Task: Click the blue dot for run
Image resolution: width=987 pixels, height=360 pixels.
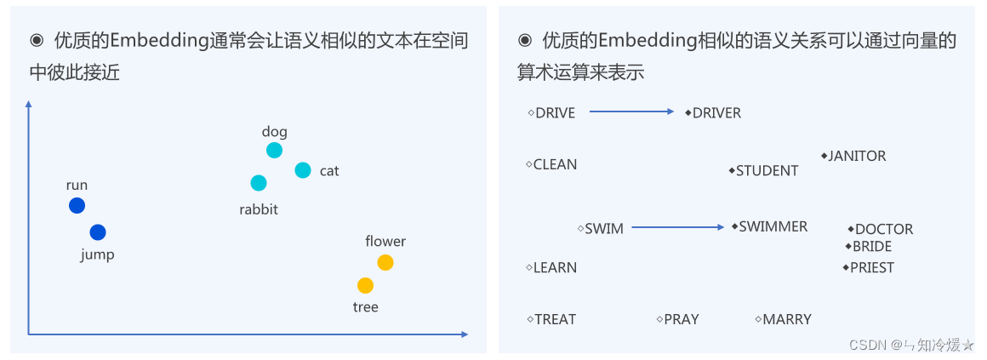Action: tap(77, 205)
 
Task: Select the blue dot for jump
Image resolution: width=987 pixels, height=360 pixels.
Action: tap(98, 232)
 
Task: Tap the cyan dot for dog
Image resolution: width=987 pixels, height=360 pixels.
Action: tap(274, 150)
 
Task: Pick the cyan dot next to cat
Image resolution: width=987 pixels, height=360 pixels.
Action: tap(303, 170)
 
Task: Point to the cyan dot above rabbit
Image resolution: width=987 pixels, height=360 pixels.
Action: tap(259, 183)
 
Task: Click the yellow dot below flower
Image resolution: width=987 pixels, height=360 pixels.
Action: tap(385, 262)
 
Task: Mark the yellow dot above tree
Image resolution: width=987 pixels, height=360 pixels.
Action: tap(365, 285)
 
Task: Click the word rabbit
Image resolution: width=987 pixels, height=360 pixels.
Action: tap(259, 209)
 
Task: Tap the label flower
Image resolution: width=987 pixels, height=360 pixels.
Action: tap(385, 242)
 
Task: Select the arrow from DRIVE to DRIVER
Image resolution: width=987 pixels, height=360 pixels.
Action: tap(631, 111)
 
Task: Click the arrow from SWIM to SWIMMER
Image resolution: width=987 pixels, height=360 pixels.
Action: tap(677, 227)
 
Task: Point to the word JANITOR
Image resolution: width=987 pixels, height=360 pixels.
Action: tap(857, 157)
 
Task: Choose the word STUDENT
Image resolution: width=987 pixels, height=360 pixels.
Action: tap(767, 171)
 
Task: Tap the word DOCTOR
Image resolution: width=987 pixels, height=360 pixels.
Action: tap(884, 230)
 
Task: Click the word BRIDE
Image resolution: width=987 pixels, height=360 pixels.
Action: tap(872, 247)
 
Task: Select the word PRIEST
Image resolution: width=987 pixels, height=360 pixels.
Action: tap(872, 268)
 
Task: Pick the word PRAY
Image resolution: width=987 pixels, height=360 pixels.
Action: tap(681, 320)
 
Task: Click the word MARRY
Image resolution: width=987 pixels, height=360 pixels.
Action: tap(787, 320)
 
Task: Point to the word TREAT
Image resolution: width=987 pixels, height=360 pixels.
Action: tap(555, 320)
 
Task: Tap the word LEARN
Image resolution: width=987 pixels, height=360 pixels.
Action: tap(555, 268)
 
